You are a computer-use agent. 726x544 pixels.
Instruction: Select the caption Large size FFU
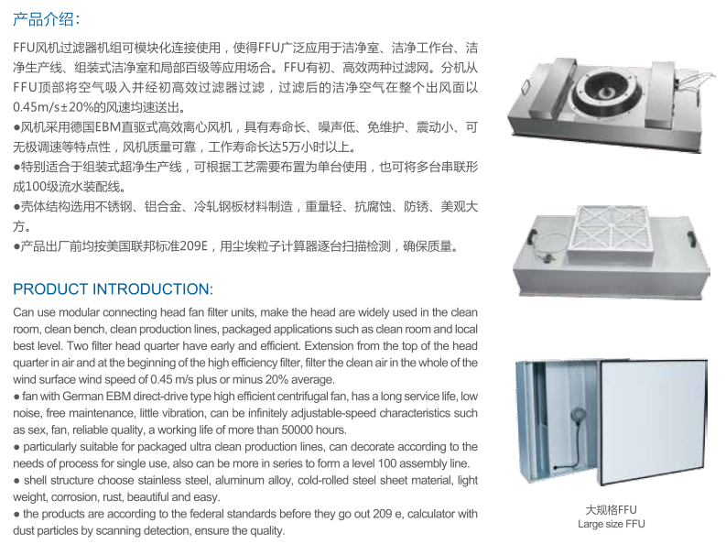[612, 524]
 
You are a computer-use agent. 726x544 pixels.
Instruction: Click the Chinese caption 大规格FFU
[612, 510]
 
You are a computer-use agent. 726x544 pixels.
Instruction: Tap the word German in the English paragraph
[83, 397]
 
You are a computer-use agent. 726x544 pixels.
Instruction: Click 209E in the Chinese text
[193, 245]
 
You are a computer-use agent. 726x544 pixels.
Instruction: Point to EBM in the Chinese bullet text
[108, 127]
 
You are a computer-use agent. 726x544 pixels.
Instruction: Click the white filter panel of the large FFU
[653, 421]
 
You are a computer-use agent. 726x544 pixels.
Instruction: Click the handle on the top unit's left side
[527, 86]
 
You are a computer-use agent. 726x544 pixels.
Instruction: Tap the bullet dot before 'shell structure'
[16, 481]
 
